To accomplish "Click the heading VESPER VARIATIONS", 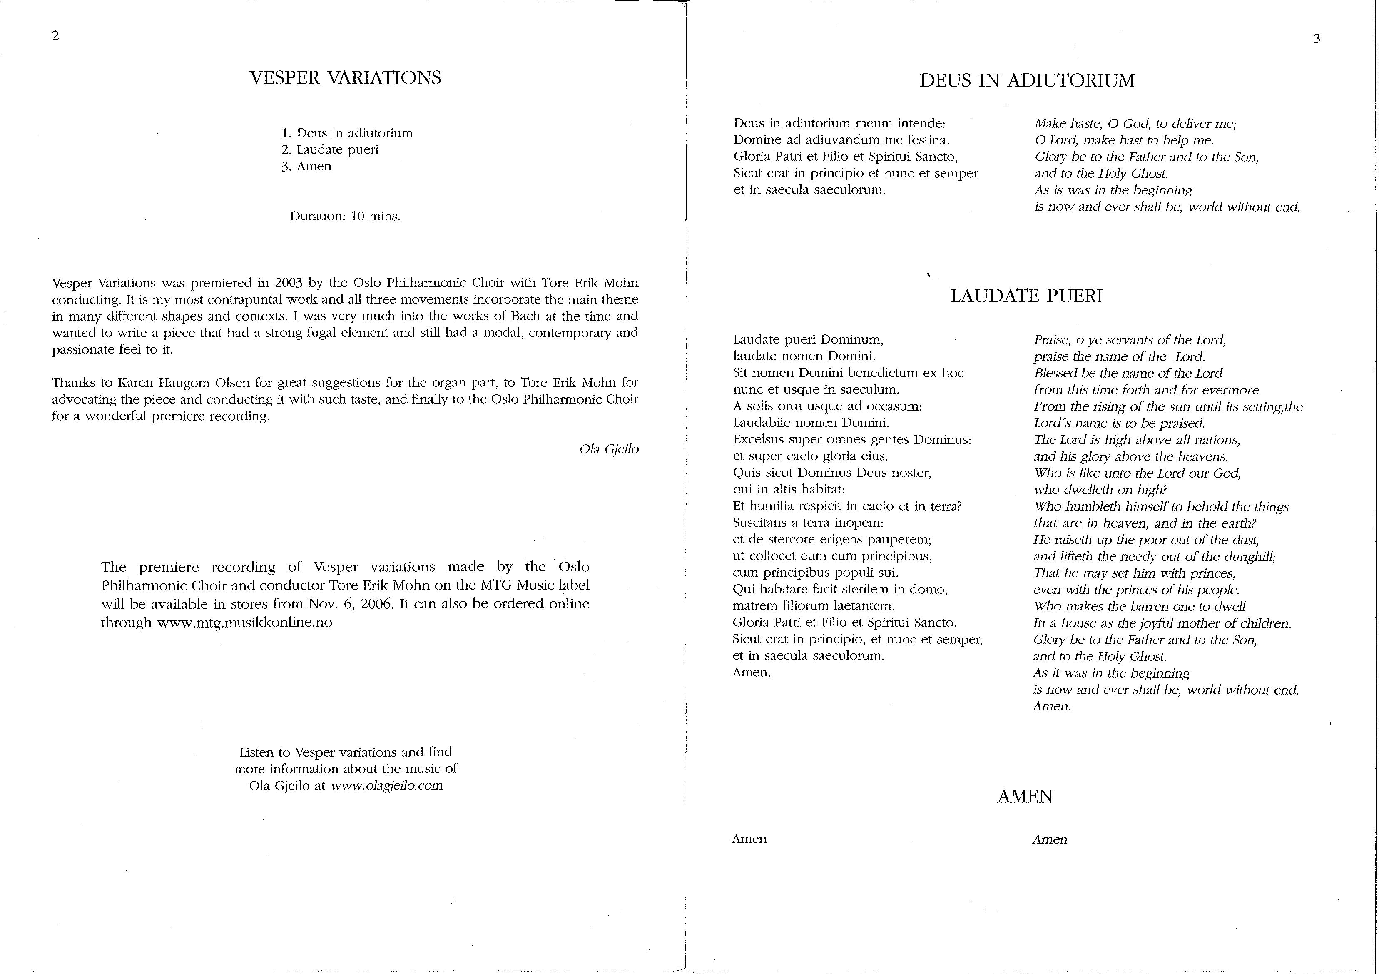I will tap(345, 78).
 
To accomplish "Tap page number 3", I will tap(1317, 40).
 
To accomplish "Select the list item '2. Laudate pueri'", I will tap(330, 149).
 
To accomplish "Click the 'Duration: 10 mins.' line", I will tap(345, 216).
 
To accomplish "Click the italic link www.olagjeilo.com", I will tap(387, 785).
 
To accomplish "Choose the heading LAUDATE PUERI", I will tap(1026, 296).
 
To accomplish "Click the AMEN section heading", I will tap(1025, 797).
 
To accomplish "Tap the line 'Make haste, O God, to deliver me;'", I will tap(1135, 124).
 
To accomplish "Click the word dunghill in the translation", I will tap(1251, 556).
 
